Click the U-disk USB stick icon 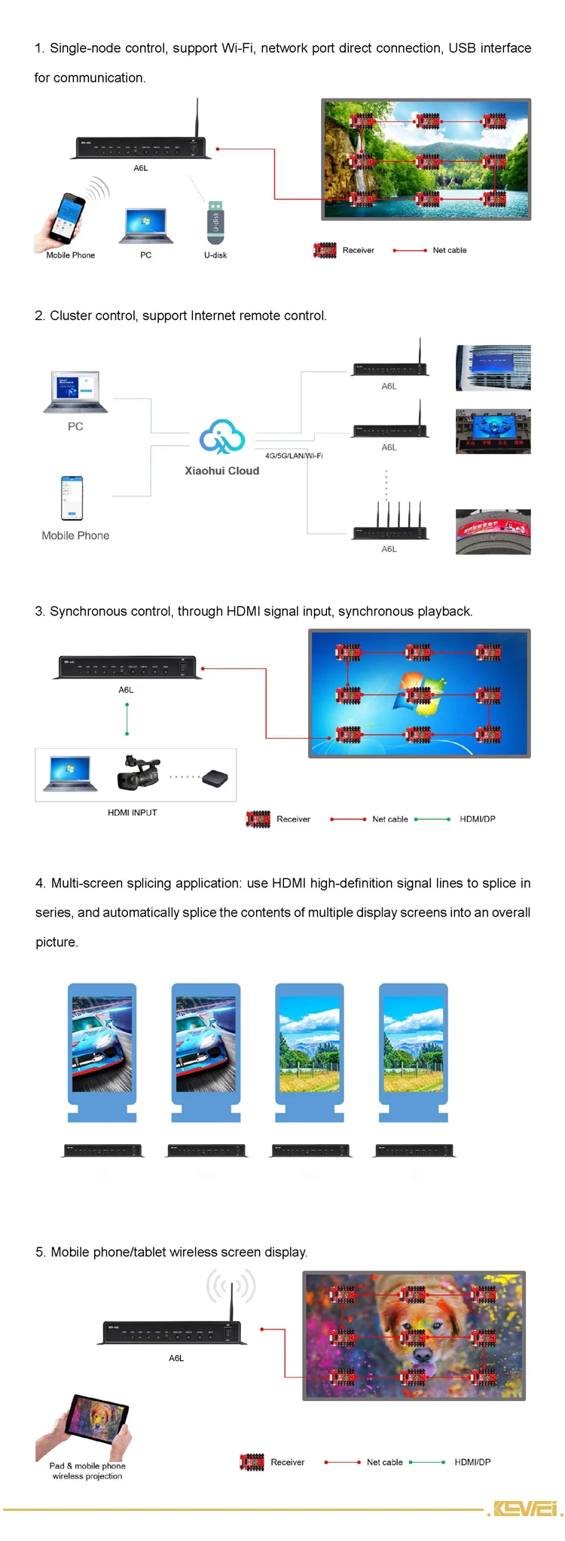(215, 222)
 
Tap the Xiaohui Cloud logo (221, 437)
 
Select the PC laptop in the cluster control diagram (75, 392)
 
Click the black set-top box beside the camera (215, 778)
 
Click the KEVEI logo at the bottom (525, 1509)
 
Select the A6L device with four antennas (389, 525)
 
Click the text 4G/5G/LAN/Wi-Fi (294, 456)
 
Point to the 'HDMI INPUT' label (133, 813)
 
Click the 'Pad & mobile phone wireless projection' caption (87, 1471)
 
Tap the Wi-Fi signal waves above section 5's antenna (231, 1286)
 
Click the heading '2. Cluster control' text (181, 316)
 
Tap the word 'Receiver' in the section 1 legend (358, 250)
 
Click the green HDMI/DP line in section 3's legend (432, 819)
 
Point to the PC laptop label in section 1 (146, 255)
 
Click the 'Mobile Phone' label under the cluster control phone (75, 536)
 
